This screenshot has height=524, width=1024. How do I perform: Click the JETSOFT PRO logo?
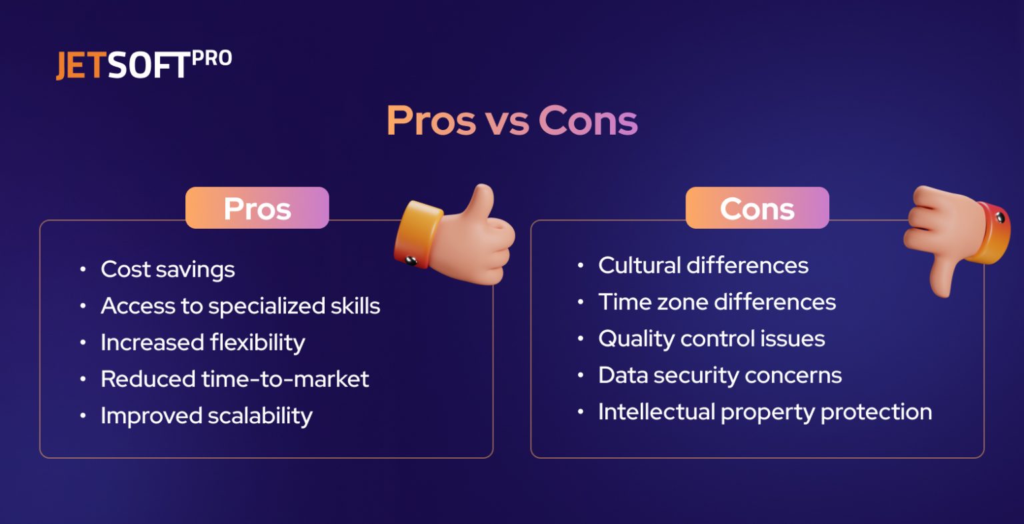[x=143, y=65]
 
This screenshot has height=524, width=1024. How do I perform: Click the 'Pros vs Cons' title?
[x=512, y=121]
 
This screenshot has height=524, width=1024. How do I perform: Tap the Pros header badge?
[x=257, y=208]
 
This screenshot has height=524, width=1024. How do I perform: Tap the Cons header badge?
[x=757, y=208]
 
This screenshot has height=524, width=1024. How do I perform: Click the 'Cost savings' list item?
[x=167, y=269]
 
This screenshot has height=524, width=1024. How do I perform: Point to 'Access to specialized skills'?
[x=240, y=306]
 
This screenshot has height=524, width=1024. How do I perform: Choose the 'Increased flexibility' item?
[x=203, y=343]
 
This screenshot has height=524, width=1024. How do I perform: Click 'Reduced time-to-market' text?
[x=235, y=379]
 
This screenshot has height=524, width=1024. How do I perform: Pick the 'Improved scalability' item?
[x=206, y=416]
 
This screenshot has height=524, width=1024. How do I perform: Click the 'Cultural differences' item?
[x=703, y=265]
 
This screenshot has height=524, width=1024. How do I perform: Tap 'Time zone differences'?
[x=717, y=302]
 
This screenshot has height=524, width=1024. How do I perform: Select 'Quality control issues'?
[x=711, y=339]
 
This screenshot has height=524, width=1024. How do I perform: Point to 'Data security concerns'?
[x=720, y=375]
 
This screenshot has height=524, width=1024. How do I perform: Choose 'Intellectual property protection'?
[x=765, y=412]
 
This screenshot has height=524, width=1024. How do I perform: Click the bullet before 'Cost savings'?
[x=83, y=269]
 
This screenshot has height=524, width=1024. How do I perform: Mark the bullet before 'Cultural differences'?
[x=581, y=265]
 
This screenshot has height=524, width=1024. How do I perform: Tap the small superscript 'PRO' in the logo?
[x=212, y=59]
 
